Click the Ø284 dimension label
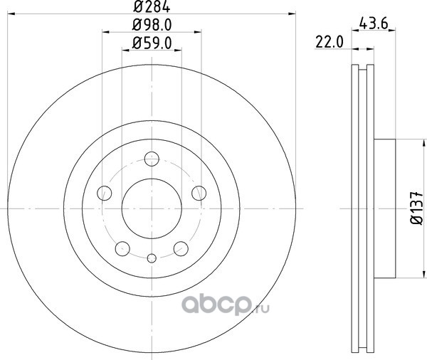(x=152, y=6)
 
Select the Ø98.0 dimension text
(x=152, y=25)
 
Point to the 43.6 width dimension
(x=374, y=23)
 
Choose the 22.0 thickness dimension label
(x=330, y=42)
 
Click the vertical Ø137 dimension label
(x=416, y=208)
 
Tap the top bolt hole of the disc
(x=152, y=159)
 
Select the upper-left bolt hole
(x=105, y=193)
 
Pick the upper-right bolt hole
(x=199, y=193)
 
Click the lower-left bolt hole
(x=122, y=248)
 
